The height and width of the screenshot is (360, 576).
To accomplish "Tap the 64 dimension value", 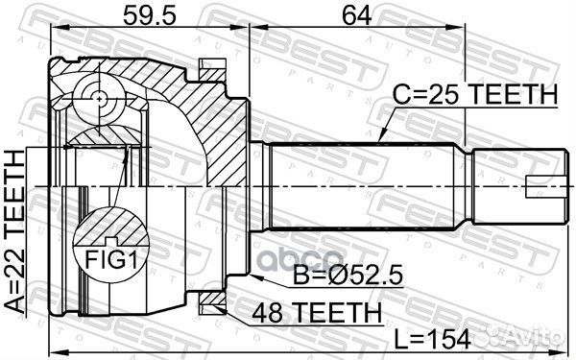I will click(355, 13).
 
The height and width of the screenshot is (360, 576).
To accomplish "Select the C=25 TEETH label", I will click(475, 95).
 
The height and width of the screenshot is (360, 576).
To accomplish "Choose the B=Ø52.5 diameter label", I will click(345, 278).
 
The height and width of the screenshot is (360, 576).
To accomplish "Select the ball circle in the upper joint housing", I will click(99, 97).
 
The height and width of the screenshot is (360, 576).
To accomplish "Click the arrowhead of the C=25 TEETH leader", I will click(380, 142).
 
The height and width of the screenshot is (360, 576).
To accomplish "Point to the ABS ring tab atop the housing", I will click(209, 68).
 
